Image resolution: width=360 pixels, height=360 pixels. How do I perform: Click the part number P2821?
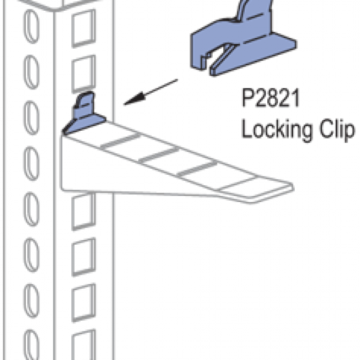(271, 98)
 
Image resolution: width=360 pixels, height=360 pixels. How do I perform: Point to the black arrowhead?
(135, 99)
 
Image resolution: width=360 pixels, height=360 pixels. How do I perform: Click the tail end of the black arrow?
(177, 80)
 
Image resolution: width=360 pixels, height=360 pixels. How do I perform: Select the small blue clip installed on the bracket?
(84, 113)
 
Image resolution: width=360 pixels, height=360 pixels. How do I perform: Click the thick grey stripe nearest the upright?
(121, 140)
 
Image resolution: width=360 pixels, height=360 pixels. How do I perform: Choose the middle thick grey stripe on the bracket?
(159, 154)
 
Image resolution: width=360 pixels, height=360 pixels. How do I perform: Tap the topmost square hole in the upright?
(83, 28)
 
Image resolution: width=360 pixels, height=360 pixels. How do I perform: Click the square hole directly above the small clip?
(83, 74)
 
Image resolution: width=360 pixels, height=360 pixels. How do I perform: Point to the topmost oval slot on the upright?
(31, 26)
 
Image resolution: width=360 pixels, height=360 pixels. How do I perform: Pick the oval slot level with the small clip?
(31, 117)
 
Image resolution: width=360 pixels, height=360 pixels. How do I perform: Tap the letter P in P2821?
(248, 98)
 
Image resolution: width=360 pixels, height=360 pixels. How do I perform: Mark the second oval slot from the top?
(31, 72)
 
